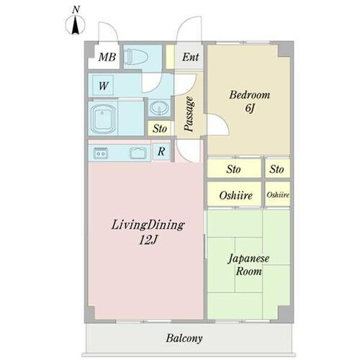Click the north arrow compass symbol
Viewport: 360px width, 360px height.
pyautogui.click(x=74, y=25)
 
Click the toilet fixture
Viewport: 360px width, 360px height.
pyautogui.click(x=140, y=58)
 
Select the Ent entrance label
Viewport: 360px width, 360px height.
pyautogui.click(x=190, y=58)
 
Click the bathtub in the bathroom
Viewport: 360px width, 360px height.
pyautogui.click(x=104, y=117)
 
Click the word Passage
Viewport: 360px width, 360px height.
pyautogui.click(x=189, y=113)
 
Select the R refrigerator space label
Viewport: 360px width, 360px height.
pyautogui.click(x=162, y=152)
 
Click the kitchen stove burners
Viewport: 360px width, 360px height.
pyautogui.click(x=99, y=152)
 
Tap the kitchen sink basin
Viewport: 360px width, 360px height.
pyautogui.click(x=136, y=152)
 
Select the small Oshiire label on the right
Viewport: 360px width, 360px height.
pyautogui.click(x=278, y=194)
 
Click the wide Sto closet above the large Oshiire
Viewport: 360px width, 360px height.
pyautogui.click(x=233, y=170)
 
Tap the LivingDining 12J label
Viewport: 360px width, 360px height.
pyautogui.click(x=148, y=233)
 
